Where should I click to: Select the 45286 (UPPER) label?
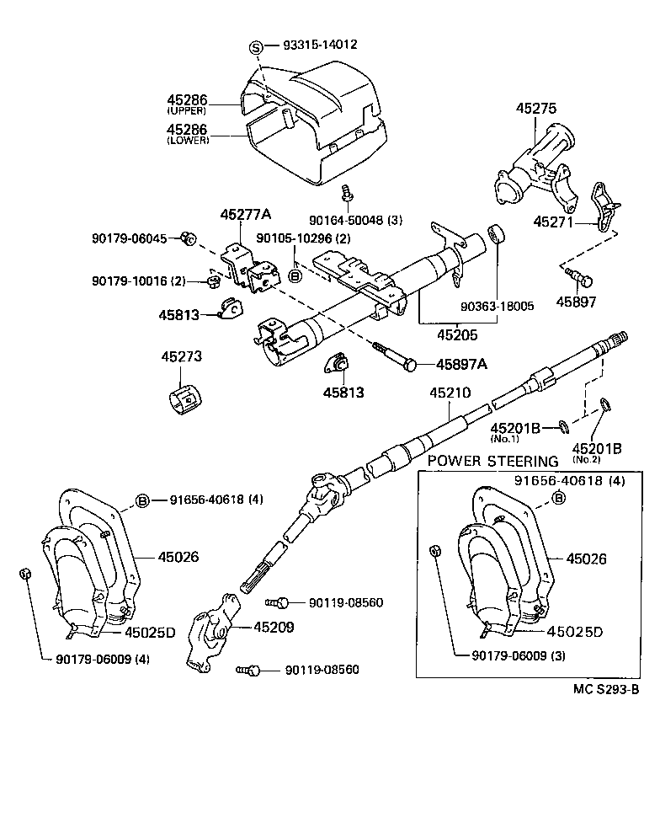pyautogui.click(x=187, y=104)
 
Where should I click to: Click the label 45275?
pyautogui.click(x=536, y=109)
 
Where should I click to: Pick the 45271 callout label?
pyautogui.click(x=554, y=222)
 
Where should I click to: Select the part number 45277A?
pyautogui.click(x=246, y=216)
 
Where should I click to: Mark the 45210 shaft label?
pyautogui.click(x=450, y=393)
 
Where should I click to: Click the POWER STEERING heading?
pyautogui.click(x=492, y=461)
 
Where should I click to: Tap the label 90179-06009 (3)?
pyautogui.click(x=508, y=655)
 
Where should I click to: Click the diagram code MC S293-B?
pyautogui.click(x=606, y=688)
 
